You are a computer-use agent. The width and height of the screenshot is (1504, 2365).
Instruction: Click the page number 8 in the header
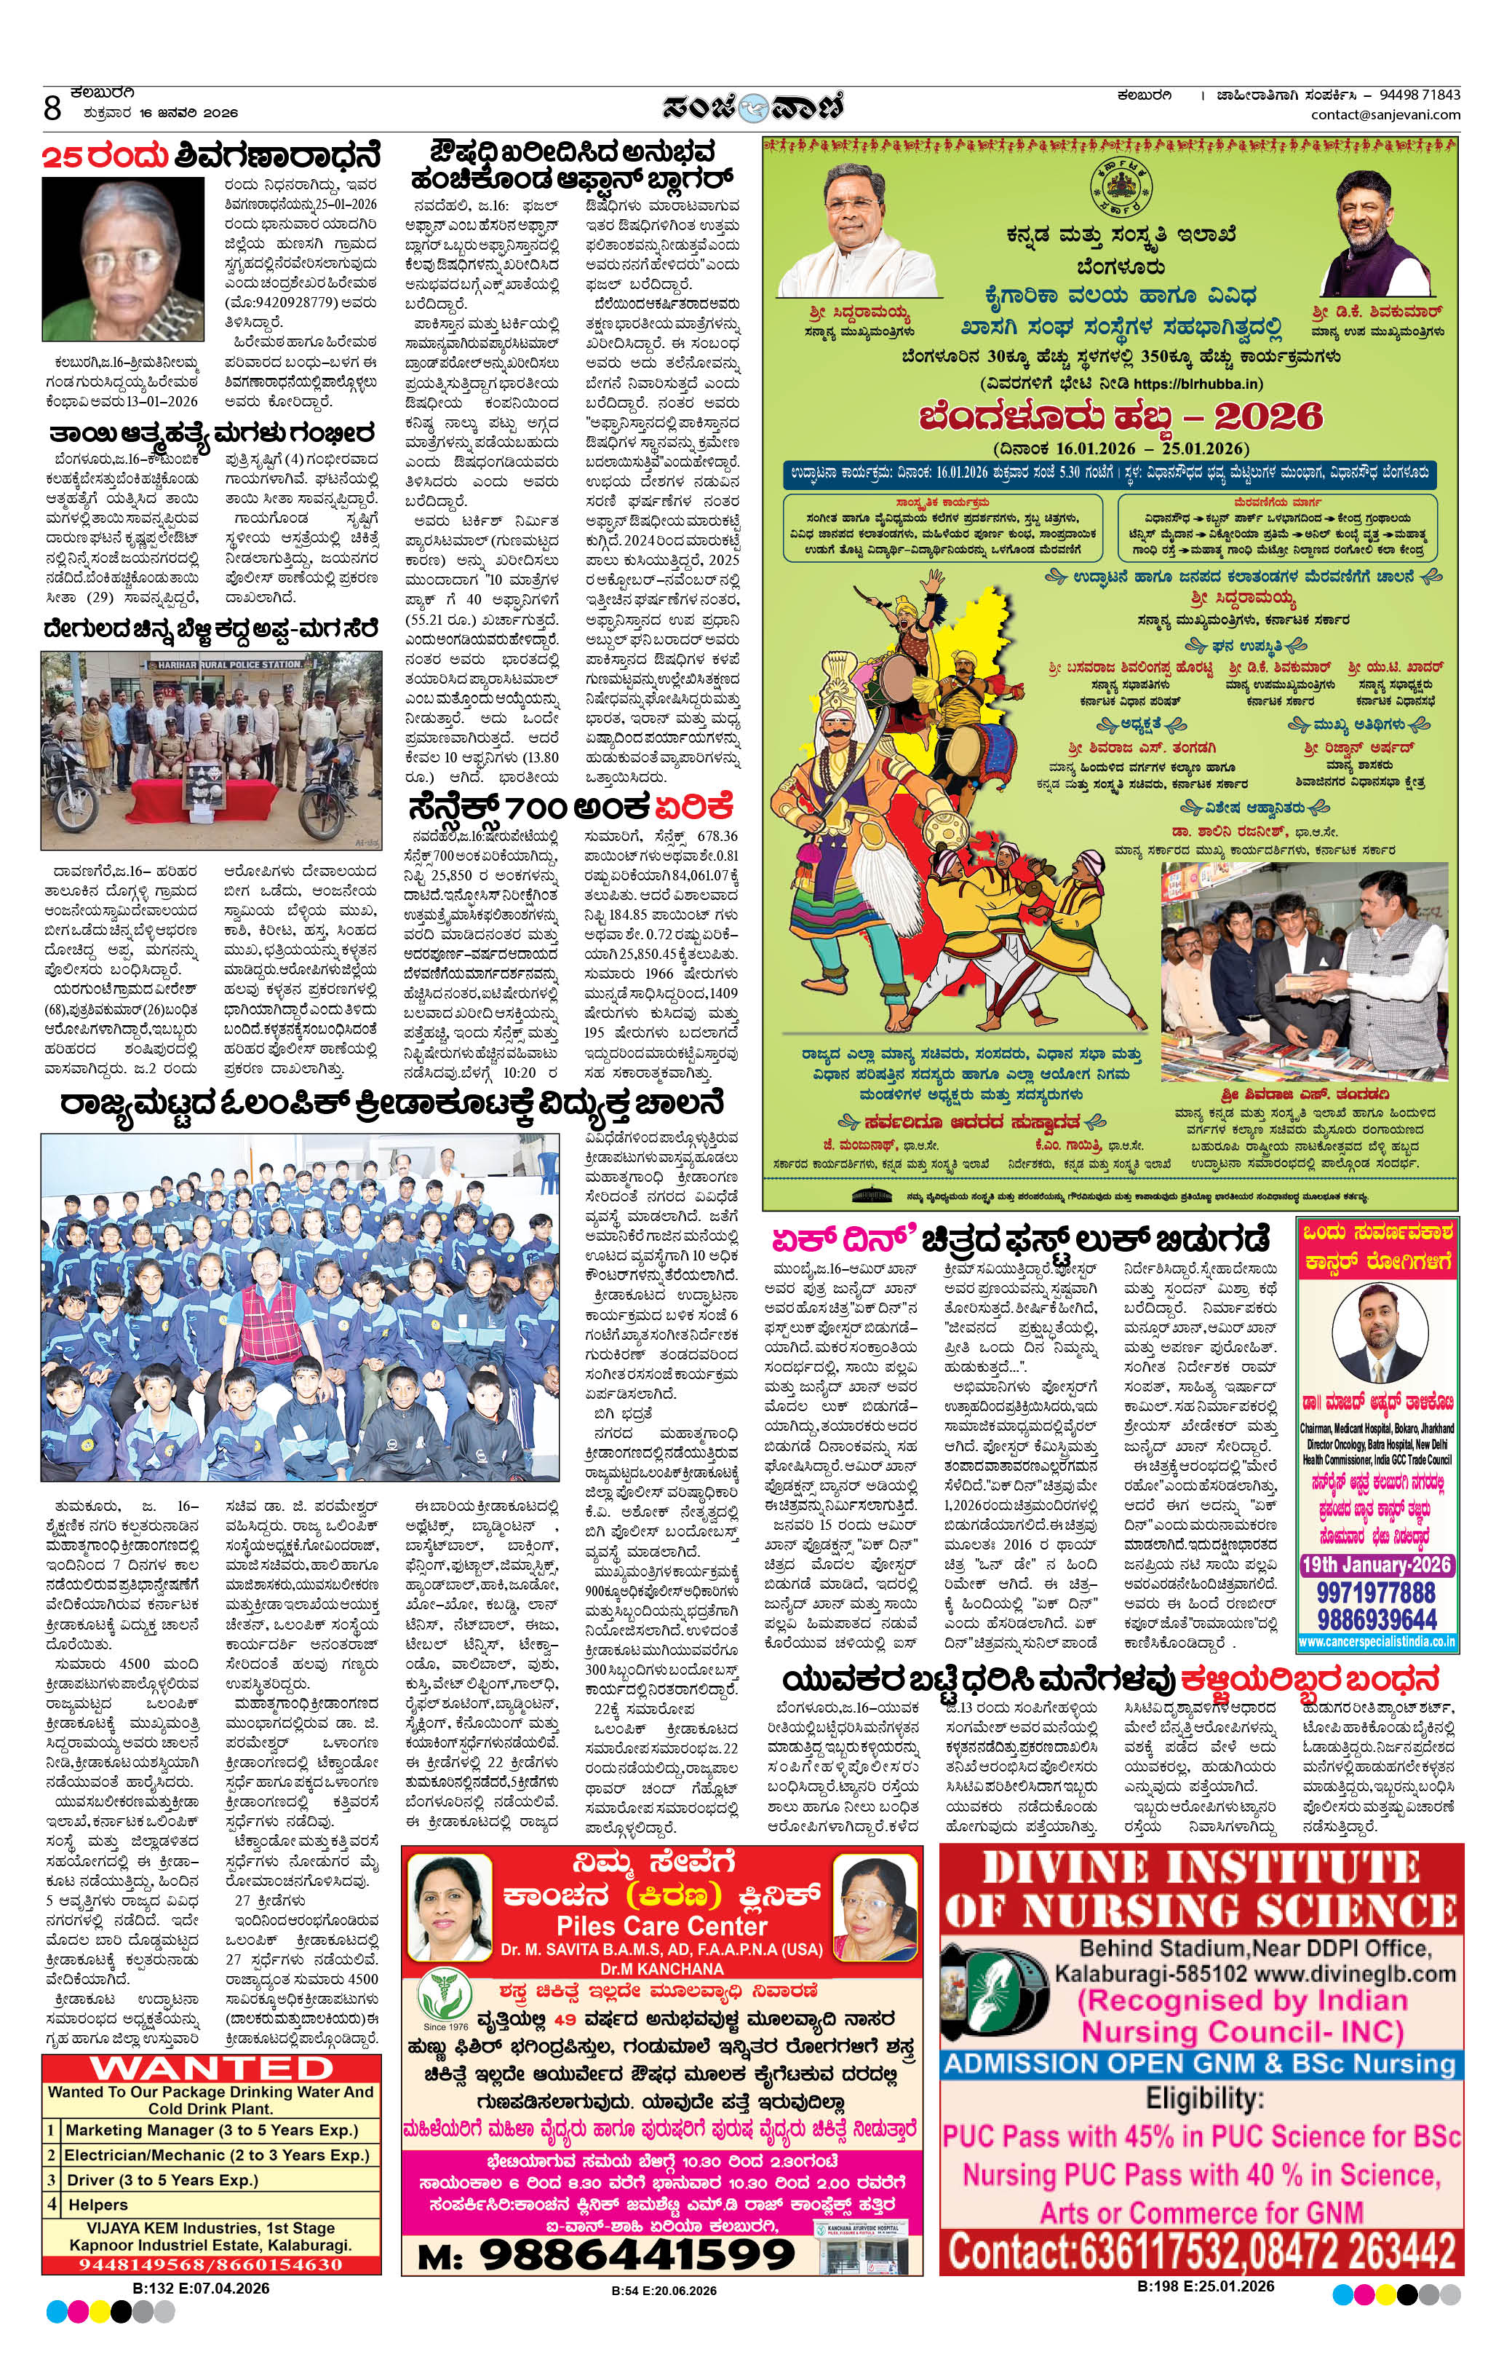coord(52,105)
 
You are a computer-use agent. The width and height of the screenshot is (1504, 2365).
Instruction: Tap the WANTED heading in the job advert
coord(211,2067)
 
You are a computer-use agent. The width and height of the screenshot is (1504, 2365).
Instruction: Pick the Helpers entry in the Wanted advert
coord(98,2204)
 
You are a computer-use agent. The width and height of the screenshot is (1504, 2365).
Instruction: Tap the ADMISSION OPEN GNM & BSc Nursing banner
coord(1200,2064)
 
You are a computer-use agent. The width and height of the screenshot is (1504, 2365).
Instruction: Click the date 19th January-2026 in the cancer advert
coord(1375,1566)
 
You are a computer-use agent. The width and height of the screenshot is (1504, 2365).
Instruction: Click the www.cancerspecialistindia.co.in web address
coord(1375,1641)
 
